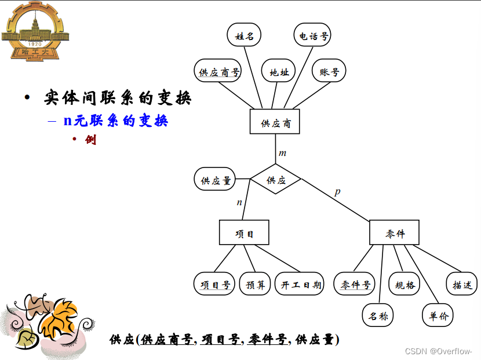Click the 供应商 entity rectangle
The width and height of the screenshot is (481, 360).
275,122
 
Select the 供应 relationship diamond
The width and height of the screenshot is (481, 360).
276,179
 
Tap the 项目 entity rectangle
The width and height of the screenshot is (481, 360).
244,232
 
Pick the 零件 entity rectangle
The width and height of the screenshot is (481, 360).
394,232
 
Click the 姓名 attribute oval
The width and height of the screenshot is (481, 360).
244,35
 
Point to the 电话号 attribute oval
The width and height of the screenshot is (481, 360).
313,36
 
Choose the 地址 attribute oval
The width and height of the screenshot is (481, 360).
279,72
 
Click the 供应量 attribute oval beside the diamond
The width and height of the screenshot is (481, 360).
216,180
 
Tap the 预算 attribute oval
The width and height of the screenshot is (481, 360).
255,284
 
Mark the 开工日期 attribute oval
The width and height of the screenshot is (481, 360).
300,284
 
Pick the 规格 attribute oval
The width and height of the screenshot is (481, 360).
405,284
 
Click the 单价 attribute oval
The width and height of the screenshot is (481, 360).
438,315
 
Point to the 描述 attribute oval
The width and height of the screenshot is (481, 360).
462,284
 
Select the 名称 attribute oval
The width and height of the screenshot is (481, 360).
378,315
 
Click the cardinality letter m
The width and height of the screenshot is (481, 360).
282,153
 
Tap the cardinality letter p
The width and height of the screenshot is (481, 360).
337,191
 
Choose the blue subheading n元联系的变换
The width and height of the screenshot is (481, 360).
115,121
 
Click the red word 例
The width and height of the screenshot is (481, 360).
90,140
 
